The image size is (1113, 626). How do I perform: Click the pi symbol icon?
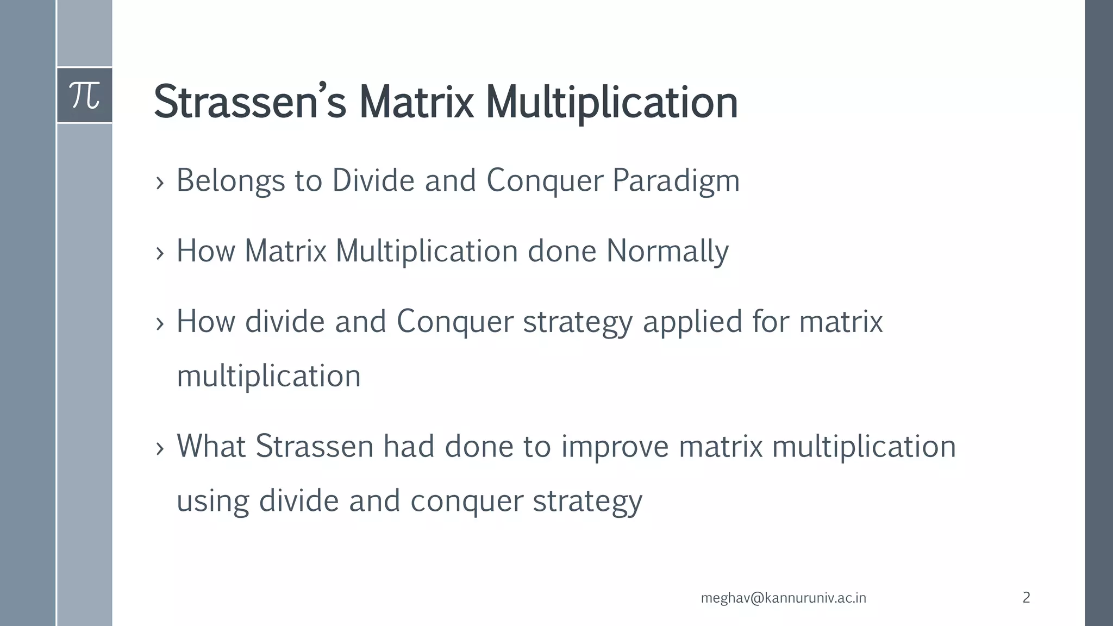[85, 96]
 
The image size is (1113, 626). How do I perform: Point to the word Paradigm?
[676, 181]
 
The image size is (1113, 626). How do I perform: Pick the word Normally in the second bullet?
[667, 252]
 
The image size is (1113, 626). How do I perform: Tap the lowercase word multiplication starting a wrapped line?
[268, 377]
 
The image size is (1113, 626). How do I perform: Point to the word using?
[212, 502]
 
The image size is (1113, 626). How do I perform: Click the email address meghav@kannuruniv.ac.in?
[783, 598]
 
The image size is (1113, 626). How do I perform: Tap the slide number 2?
[1026, 597]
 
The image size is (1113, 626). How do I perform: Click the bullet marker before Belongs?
[159, 183]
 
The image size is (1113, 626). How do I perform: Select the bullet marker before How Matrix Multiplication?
[159, 253]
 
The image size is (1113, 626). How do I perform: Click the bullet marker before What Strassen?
[159, 449]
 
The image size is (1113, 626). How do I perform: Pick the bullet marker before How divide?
[159, 324]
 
